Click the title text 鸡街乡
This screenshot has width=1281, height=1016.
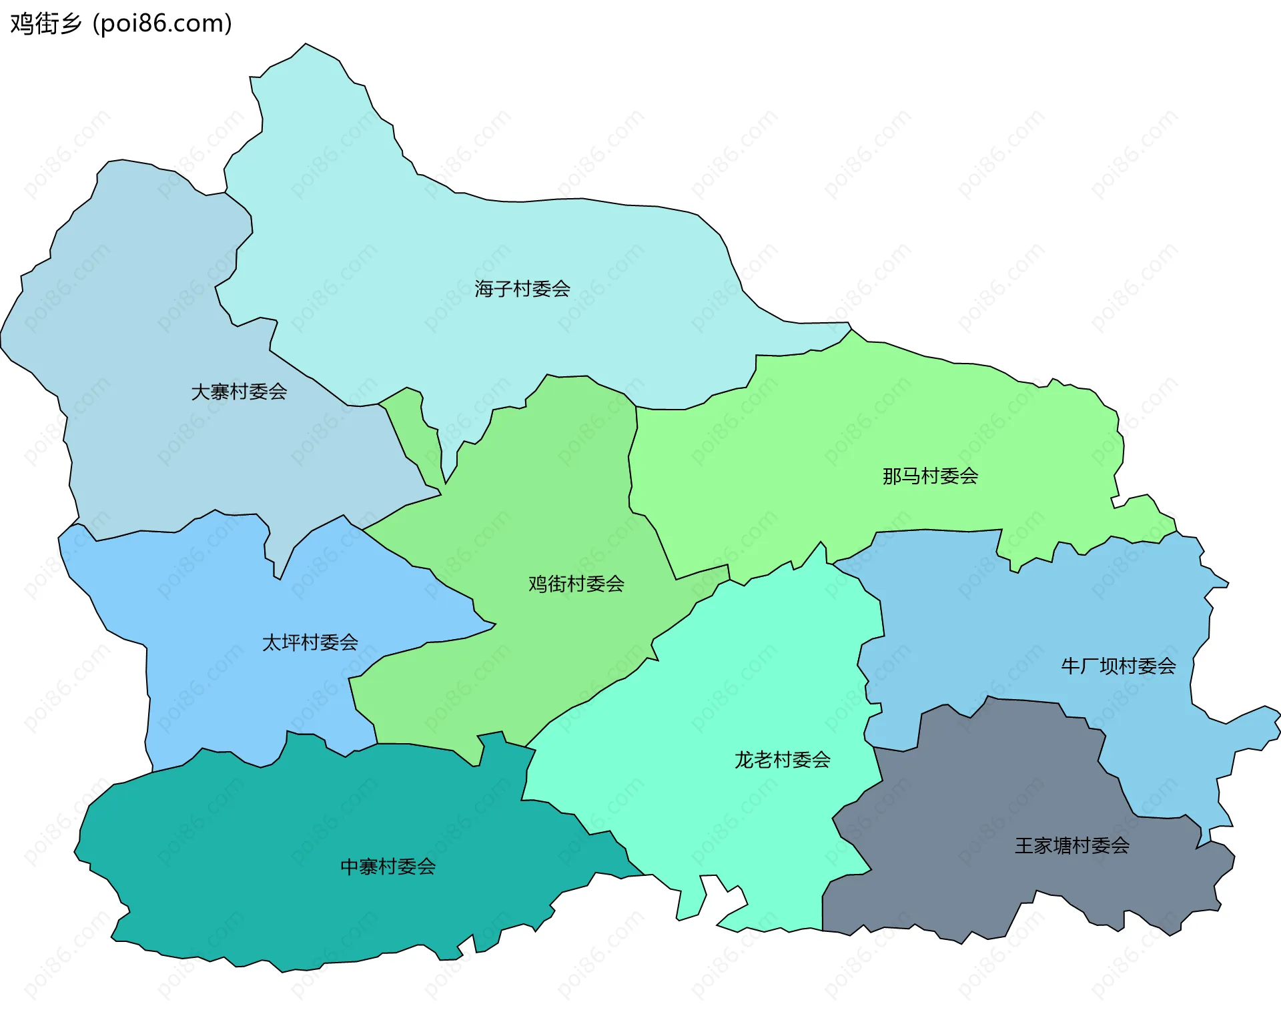coord(45,24)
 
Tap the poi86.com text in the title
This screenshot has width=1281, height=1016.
coord(163,24)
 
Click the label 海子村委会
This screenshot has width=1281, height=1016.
coord(522,289)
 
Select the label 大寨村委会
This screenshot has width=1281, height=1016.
coord(239,392)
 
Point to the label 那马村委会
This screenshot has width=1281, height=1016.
coord(930,476)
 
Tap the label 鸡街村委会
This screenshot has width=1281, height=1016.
coord(576,584)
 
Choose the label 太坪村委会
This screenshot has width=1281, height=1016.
coord(310,642)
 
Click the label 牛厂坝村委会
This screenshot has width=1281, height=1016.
coord(1118,666)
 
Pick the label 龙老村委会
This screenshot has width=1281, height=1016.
coord(782,760)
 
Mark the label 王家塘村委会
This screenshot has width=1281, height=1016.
coord(1072,846)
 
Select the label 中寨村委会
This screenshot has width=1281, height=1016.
coord(388,867)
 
